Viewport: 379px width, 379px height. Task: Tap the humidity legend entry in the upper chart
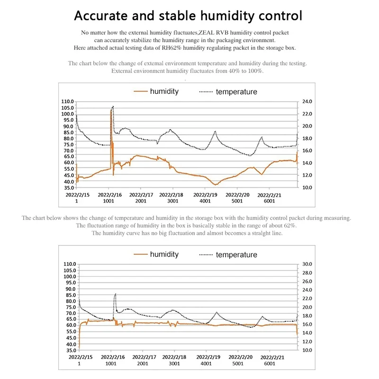point(164,91)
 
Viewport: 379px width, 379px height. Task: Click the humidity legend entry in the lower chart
point(164,254)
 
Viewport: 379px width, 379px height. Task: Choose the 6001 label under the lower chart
point(270,364)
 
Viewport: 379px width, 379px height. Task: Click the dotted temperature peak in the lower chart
point(115,295)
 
